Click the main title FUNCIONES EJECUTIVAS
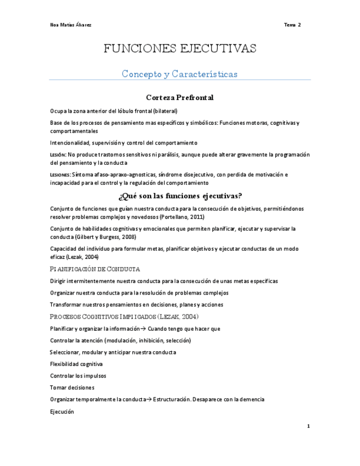pyautogui.click(x=180, y=49)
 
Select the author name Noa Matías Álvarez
pyautogui.click(x=71, y=25)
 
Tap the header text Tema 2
pyautogui.click(x=292, y=25)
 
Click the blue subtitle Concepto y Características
pyautogui.click(x=180, y=74)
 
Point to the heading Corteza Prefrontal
pyautogui.click(x=180, y=97)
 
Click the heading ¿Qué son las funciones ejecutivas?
pyautogui.click(x=180, y=196)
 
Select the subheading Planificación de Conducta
pyautogui.click(x=95, y=269)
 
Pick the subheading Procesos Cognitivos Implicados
pyautogui.click(x=124, y=317)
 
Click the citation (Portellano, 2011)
pyautogui.click(x=181, y=217)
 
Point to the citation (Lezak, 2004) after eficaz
pyautogui.click(x=82, y=257)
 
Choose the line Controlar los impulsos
pyautogui.click(x=77, y=376)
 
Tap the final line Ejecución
pyautogui.click(x=62, y=411)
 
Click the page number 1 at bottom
pyautogui.click(x=308, y=426)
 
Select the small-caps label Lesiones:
pyautogui.click(x=59, y=175)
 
